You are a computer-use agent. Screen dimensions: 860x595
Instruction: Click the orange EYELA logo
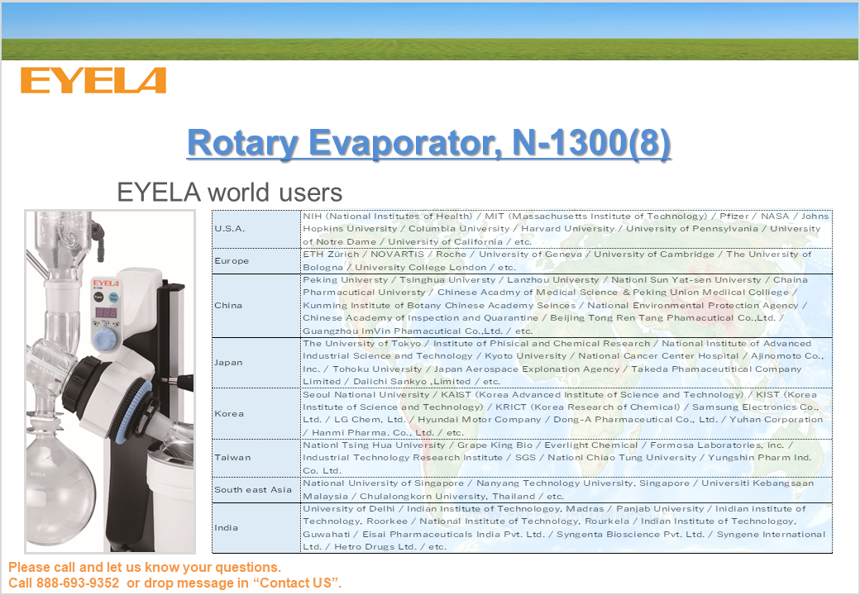[93, 80]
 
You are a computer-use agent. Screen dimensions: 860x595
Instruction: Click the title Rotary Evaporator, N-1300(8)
[429, 143]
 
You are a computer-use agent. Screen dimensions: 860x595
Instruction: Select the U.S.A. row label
[229, 228]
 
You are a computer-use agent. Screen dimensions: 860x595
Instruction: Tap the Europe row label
[232, 261]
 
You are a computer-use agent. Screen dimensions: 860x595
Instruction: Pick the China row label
[228, 305]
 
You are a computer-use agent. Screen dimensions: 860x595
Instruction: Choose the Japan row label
[228, 362]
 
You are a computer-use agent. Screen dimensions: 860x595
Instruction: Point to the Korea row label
[229, 414]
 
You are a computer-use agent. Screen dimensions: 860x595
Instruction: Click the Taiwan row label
[232, 458]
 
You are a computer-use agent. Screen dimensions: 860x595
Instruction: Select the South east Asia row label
[253, 490]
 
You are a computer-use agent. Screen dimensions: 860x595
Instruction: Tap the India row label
[226, 527]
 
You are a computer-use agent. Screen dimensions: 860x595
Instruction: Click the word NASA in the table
[775, 216]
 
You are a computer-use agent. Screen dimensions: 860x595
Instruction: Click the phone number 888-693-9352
[78, 583]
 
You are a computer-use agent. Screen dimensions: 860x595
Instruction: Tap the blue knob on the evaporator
[105, 339]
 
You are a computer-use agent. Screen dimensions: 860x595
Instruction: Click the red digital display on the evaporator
[106, 312]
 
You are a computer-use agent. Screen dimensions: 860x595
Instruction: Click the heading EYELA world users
[230, 193]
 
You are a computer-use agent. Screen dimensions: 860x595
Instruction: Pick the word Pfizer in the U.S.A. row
[733, 216]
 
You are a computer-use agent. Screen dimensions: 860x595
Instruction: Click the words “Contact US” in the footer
[296, 583]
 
